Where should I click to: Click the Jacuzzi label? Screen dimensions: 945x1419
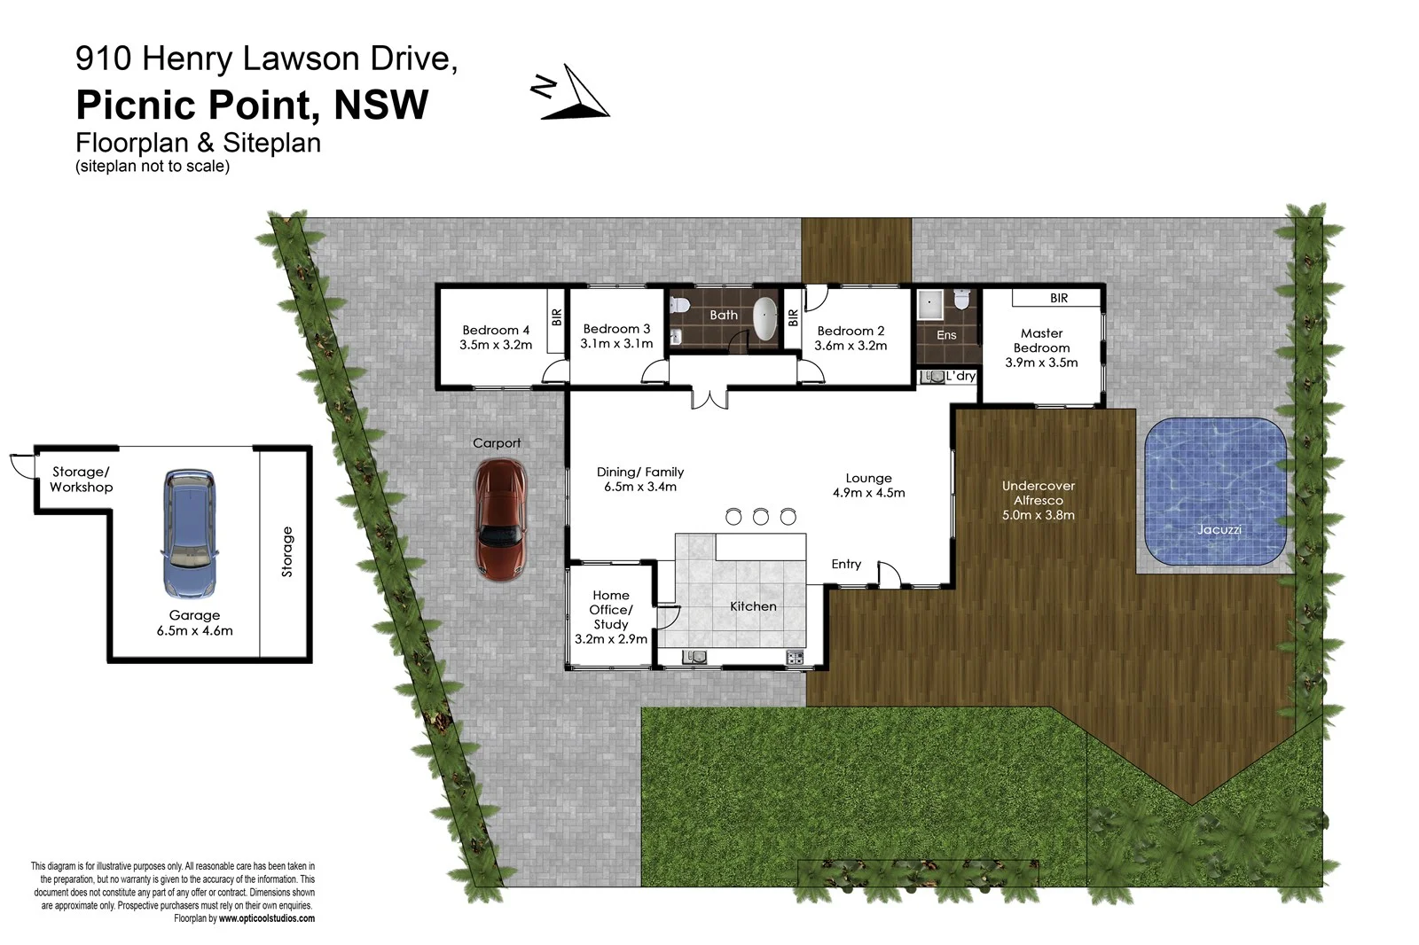(1219, 529)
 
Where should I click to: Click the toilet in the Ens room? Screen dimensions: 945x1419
(960, 301)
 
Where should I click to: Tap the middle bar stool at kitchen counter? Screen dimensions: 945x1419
(760, 517)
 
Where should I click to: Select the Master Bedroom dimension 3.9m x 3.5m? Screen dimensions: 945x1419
(1041, 363)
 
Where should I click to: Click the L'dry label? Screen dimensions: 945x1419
(960, 376)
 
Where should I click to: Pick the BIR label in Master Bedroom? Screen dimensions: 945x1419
(1058, 298)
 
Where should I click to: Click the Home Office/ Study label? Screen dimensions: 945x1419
(611, 610)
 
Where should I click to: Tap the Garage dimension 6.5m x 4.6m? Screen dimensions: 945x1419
(194, 631)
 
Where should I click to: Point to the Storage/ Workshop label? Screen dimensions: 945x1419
(81, 480)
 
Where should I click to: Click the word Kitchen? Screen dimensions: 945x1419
(753, 606)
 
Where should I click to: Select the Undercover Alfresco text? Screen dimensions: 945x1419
(1038, 493)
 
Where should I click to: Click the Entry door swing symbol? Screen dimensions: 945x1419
(888, 574)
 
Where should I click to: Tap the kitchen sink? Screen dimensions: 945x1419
(694, 657)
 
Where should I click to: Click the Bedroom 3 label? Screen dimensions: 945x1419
(616, 329)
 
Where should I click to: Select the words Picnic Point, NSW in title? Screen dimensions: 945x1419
(252, 105)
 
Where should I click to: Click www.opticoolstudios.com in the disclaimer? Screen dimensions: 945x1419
(266, 918)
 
